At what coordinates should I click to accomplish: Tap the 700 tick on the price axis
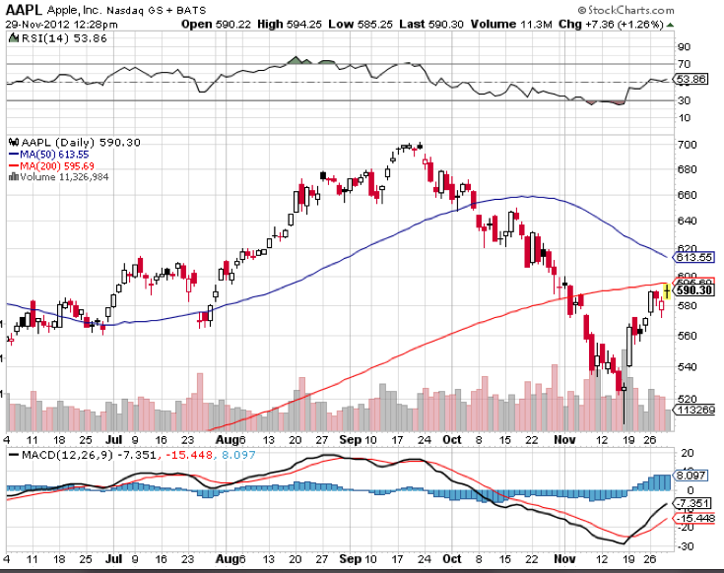tap(687, 146)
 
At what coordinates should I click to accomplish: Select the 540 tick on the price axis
tap(687, 368)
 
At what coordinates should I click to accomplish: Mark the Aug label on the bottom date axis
tap(227, 560)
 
